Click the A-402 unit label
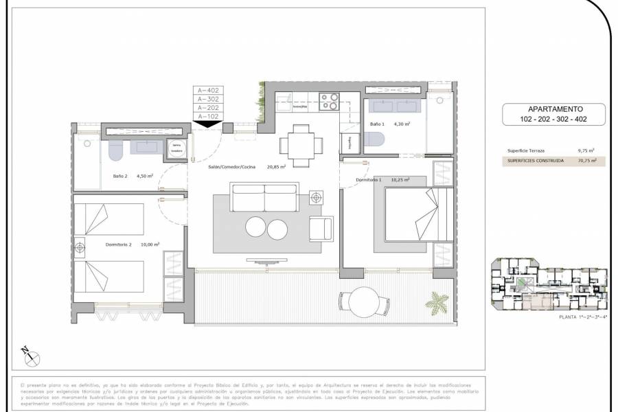(x=208, y=90)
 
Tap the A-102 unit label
(x=208, y=117)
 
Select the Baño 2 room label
(x=121, y=176)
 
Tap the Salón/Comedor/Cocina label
(x=236, y=166)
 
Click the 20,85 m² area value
(x=276, y=166)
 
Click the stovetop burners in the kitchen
(x=330, y=102)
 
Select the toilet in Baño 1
(x=376, y=139)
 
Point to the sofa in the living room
(x=265, y=198)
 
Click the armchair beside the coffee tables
(x=321, y=229)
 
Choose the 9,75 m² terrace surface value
(x=586, y=150)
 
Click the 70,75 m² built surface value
(x=586, y=161)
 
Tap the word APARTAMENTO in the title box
(x=555, y=108)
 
